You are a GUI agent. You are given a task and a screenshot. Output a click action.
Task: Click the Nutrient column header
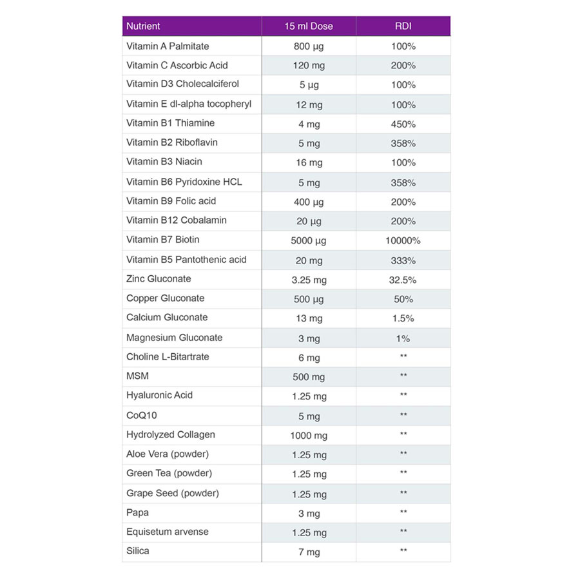point(143,26)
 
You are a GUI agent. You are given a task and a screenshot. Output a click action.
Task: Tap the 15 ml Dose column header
point(309,26)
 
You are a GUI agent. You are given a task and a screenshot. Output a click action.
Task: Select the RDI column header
point(403,26)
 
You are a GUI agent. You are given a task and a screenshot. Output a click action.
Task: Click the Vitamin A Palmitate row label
point(168,46)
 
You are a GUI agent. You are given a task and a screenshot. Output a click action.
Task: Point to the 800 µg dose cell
point(309,46)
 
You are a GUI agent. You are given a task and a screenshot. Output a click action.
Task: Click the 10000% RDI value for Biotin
point(403,240)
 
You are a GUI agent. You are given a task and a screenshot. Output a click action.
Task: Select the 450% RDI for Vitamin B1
point(403,124)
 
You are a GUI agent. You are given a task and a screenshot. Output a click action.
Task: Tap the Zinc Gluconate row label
point(159,279)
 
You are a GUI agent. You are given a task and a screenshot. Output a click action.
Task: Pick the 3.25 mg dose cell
point(309,280)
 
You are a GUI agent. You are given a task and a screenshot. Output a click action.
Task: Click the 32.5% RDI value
point(403,280)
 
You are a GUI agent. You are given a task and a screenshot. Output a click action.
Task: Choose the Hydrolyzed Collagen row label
point(171,434)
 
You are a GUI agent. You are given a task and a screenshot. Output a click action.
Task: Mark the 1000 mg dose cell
point(309,436)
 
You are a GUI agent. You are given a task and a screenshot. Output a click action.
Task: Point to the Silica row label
point(138,551)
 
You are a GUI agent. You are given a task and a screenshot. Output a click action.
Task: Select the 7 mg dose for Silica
point(309,552)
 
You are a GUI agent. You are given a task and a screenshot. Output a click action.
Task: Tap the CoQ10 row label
point(142,416)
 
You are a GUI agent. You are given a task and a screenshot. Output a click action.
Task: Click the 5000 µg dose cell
point(309,240)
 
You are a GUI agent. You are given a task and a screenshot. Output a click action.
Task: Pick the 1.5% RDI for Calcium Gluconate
point(403,318)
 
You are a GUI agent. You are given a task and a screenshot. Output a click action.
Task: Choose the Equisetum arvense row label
point(168,532)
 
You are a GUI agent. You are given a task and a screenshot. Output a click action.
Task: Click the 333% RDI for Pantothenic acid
point(403,260)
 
